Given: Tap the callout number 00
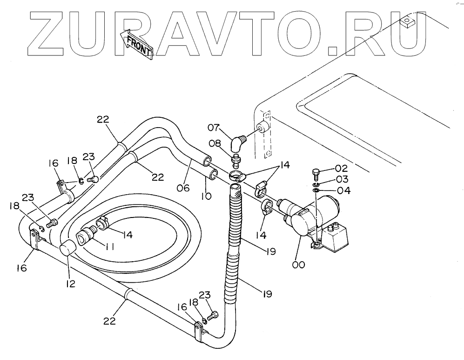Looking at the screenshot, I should [298, 265].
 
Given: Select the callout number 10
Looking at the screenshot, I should [206, 196].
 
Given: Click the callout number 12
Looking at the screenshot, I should [70, 282].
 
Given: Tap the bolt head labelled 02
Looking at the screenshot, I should [315, 175].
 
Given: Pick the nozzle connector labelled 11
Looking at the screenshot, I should [86, 234].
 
